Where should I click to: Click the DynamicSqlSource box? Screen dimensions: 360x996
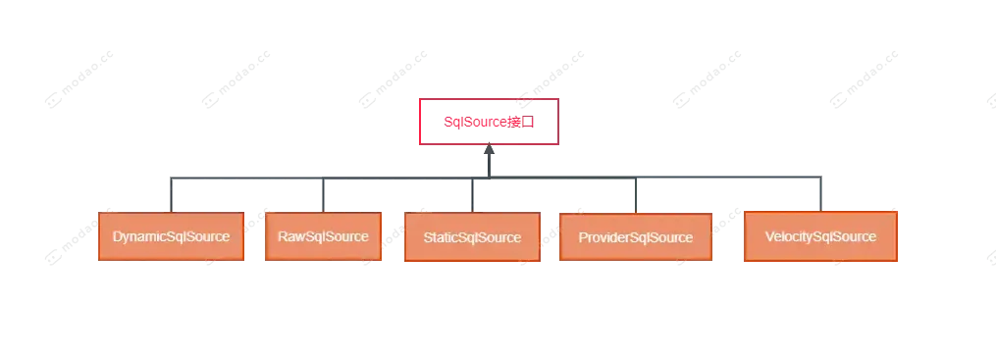coord(171,237)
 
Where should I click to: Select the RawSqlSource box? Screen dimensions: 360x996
coord(323,236)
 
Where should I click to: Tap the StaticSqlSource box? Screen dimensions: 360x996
coord(471,238)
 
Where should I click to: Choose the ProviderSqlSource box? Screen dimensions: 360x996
coord(635,237)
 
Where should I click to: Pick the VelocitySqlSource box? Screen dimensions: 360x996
coord(819,237)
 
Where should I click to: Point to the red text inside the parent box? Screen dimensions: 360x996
coord(488,123)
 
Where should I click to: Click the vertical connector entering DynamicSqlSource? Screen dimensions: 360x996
coord(168,193)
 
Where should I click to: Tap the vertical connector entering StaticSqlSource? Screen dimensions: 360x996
coord(477,194)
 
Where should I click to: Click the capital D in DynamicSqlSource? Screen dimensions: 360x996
coord(117,237)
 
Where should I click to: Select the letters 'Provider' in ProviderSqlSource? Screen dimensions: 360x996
coord(603,237)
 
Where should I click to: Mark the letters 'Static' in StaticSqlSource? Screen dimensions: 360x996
coord(441,238)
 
